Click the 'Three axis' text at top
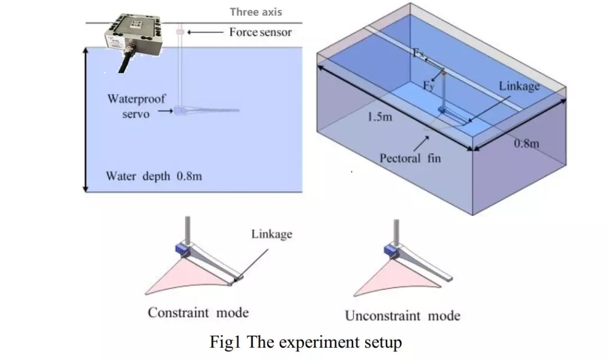pyautogui.click(x=256, y=11)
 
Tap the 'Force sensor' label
pyautogui.click(x=260, y=32)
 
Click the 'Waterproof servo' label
pyautogui.click(x=137, y=106)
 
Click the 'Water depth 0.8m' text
pyautogui.click(x=154, y=176)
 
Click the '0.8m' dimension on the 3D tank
pyautogui.click(x=526, y=143)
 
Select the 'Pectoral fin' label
pyautogui.click(x=410, y=158)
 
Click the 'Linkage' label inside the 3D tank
pyautogui.click(x=519, y=85)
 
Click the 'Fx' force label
pyautogui.click(x=419, y=53)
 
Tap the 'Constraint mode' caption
pyautogui.click(x=198, y=313)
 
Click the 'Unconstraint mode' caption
pyautogui.click(x=402, y=315)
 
